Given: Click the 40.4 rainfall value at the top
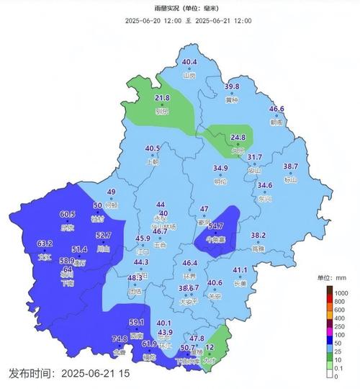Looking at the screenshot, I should coord(189,63).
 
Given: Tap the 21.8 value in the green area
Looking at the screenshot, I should coord(163,98).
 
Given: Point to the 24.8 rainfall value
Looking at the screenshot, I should coord(238,137).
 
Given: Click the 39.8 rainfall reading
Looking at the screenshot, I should coord(232,86).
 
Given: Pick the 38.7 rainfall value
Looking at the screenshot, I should coord(290,166).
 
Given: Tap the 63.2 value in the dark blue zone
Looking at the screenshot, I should coord(45,243).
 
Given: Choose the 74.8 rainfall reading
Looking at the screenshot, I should coord(120,339).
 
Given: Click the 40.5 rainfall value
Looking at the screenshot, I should coord(153,149).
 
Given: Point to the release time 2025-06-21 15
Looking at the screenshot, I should coord(69,373).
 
